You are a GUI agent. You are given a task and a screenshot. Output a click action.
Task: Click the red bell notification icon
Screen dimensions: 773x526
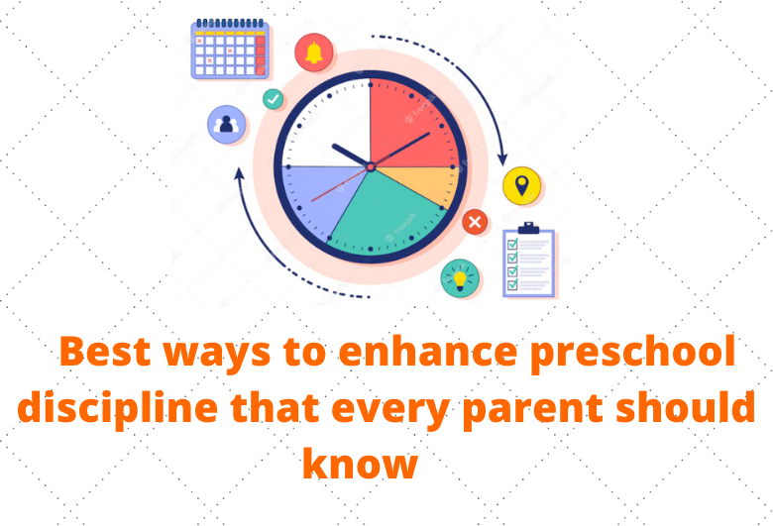tap(313, 53)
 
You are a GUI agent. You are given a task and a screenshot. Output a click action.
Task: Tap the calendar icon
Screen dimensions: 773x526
tap(230, 49)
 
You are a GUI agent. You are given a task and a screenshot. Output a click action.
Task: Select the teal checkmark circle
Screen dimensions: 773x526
tap(273, 99)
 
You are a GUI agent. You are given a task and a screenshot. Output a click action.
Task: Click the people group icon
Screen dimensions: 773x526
tap(226, 124)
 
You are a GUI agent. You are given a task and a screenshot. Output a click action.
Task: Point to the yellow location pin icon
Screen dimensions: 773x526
tap(521, 186)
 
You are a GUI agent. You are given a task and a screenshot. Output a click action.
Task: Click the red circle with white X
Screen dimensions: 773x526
tap(475, 222)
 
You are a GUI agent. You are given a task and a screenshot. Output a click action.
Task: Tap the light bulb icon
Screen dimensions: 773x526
tap(460, 278)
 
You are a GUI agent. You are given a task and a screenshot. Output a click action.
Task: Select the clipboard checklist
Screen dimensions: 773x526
tap(528, 260)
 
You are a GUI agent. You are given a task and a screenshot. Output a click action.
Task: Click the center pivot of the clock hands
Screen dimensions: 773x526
tap(371, 167)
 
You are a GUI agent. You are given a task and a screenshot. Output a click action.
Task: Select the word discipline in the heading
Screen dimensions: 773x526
tap(117, 409)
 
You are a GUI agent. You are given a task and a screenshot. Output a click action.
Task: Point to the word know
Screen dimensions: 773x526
tap(360, 464)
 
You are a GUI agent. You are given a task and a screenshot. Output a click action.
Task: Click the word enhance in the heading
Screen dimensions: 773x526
tap(428, 351)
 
